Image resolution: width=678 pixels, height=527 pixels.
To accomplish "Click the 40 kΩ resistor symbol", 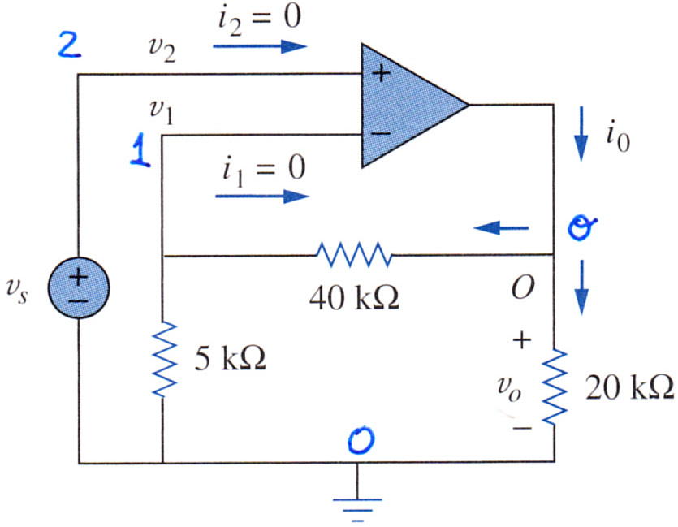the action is coord(355,255).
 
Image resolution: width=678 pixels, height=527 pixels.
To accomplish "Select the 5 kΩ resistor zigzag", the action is coord(164,359).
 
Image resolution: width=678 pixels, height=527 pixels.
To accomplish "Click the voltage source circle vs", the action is coord(78,287).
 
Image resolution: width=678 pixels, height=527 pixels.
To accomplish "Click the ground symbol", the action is coord(357,509).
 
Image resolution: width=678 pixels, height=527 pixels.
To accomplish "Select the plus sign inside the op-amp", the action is coord(381,74).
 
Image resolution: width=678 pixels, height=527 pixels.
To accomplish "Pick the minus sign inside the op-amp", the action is coord(381,133).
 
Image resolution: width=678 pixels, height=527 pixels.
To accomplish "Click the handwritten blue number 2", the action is coord(70,45).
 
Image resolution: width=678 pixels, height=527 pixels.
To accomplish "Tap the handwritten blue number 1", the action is coord(140,149).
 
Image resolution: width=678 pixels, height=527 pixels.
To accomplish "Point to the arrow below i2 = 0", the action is coord(260,45).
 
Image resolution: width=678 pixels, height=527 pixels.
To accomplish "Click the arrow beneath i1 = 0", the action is coord(262,197).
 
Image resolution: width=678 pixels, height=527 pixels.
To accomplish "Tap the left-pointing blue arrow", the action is coord(502,227).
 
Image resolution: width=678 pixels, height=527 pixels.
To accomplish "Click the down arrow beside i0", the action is coord(581,134).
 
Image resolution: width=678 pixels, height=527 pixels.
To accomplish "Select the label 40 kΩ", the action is coord(355,298).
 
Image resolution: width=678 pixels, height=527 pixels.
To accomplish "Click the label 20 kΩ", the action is coord(629,387).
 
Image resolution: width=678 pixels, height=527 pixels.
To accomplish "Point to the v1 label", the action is coord(162,112).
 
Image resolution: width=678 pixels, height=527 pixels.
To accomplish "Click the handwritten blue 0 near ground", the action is coord(361,440).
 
